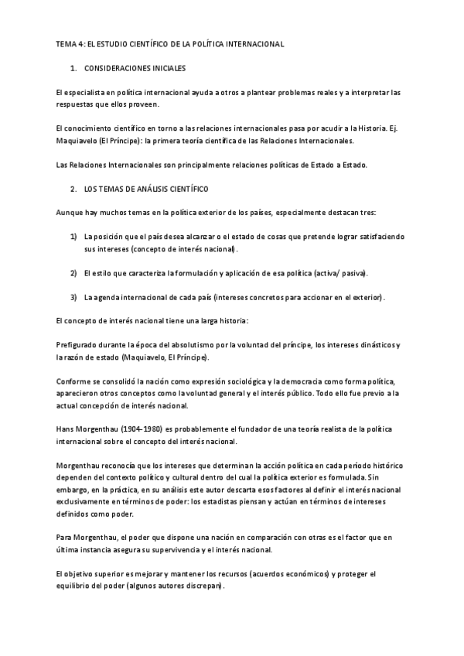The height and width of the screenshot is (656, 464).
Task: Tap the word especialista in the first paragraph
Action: (x=90, y=93)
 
